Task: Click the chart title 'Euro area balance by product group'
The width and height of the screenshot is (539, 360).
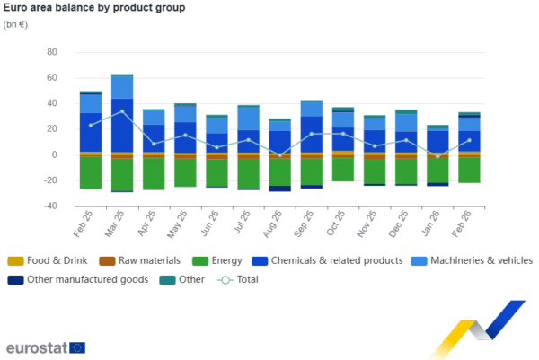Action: (x=94, y=8)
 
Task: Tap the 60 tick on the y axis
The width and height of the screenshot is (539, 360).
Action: (x=51, y=52)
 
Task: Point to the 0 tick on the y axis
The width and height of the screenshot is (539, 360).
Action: (x=54, y=154)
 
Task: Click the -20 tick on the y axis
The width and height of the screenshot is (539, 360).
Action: (x=50, y=180)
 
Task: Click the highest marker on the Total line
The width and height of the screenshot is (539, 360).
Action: (x=122, y=111)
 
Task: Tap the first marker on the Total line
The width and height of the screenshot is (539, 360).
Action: (x=90, y=125)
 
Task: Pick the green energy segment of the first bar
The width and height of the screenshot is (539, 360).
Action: (x=90, y=172)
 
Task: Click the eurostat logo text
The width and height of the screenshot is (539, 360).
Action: (x=35, y=347)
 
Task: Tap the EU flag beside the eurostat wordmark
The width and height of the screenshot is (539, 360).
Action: (x=77, y=347)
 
